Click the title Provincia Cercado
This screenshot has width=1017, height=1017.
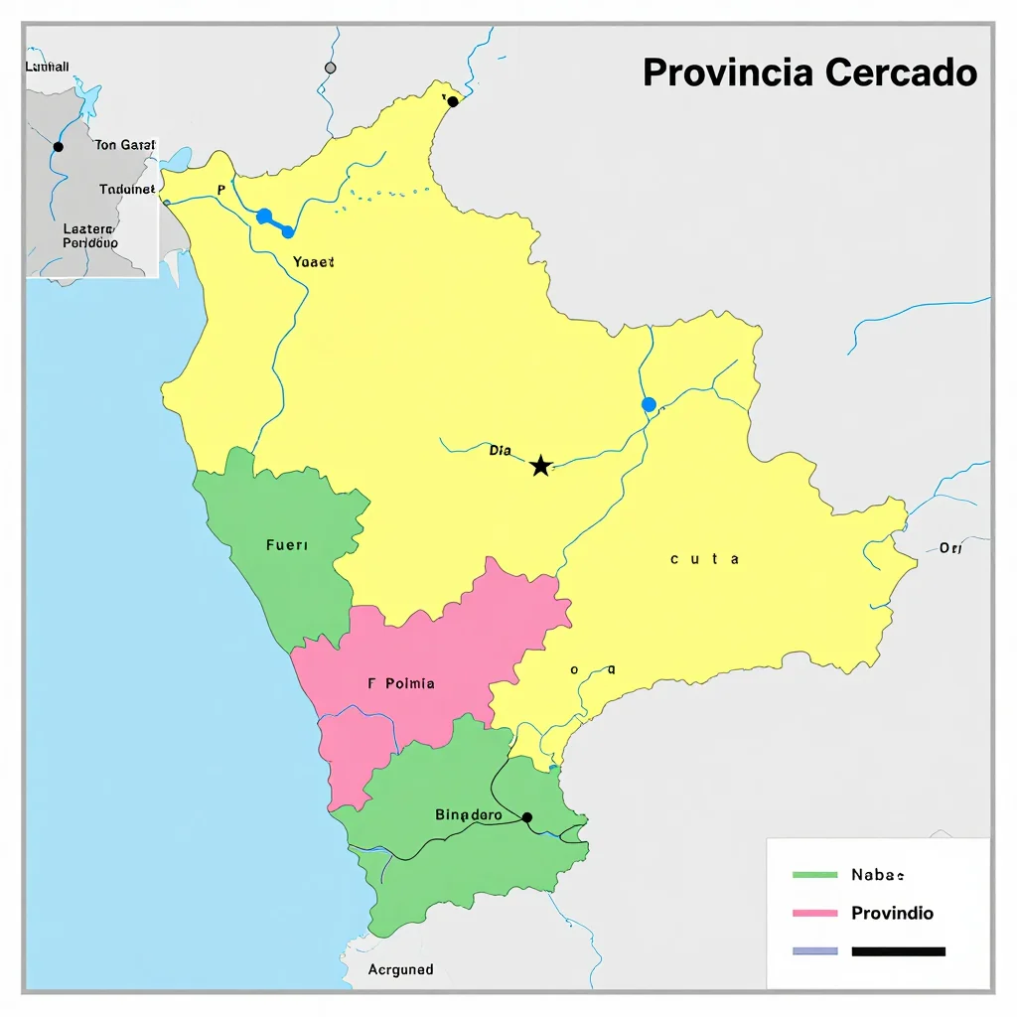[809, 73]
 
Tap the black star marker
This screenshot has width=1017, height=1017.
[540, 466]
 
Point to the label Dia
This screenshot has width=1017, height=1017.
[501, 451]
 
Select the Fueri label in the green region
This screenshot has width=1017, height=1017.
[287, 545]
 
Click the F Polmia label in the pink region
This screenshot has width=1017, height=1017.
[401, 683]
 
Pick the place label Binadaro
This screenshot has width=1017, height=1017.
[468, 815]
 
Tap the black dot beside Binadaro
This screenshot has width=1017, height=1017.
[527, 817]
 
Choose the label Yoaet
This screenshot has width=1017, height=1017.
[314, 262]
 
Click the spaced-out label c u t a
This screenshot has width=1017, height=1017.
[704, 559]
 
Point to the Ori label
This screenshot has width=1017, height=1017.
[950, 548]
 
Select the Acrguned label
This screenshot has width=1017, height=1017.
[400, 969]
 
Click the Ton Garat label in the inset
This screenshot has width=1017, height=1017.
[126, 145]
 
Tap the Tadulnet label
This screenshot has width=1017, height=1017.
[127, 189]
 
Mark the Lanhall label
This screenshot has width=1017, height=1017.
[46, 67]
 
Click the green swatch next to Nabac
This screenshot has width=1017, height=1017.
[815, 875]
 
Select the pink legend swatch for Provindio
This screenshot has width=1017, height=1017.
[815, 913]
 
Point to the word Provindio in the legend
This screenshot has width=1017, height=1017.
[892, 913]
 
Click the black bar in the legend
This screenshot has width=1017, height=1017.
[898, 950]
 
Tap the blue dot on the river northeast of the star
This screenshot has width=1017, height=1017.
[649, 404]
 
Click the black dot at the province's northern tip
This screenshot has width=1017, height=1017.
[453, 101]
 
